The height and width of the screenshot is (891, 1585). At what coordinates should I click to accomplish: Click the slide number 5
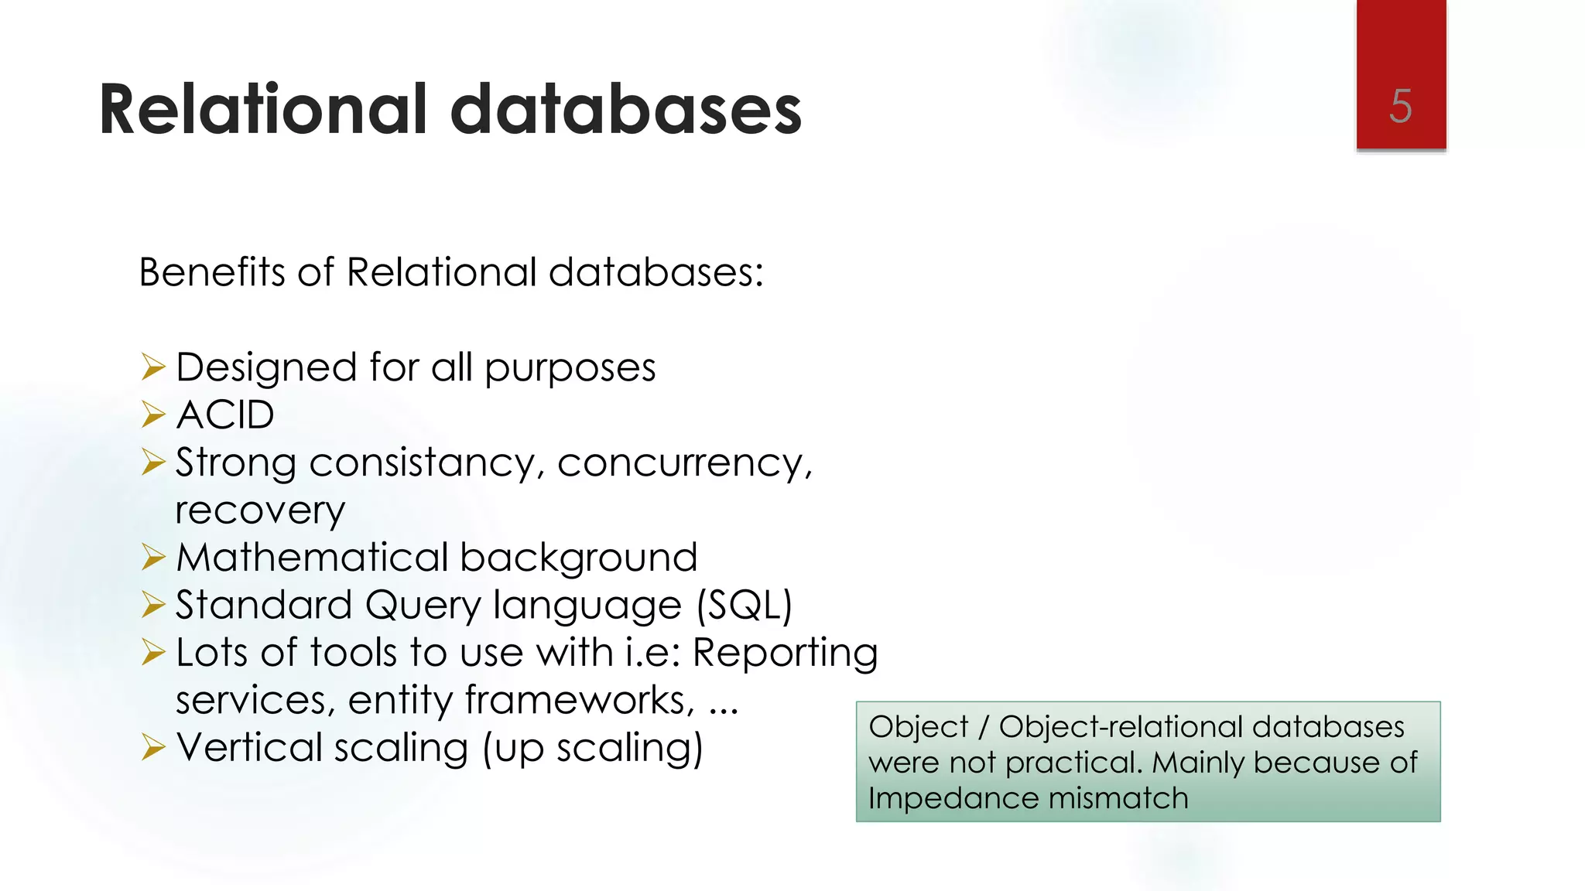click(x=1400, y=106)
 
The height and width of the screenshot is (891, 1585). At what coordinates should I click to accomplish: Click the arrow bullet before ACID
click(x=153, y=415)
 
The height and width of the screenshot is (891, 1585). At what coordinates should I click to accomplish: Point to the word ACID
click(x=225, y=415)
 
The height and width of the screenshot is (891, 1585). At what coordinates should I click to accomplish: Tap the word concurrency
click(x=684, y=463)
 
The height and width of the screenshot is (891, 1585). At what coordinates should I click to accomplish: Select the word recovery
click(x=260, y=511)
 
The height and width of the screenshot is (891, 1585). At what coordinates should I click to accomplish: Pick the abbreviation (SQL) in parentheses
click(x=745, y=606)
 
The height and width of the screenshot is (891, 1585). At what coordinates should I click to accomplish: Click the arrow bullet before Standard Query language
click(x=153, y=606)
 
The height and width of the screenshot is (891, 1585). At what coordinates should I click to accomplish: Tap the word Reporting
click(x=785, y=653)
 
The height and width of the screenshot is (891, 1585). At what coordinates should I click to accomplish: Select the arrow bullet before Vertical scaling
click(x=153, y=748)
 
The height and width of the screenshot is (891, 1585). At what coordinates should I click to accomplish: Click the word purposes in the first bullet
click(x=570, y=368)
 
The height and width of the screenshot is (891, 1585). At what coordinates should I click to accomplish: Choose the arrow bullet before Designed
click(x=153, y=367)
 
